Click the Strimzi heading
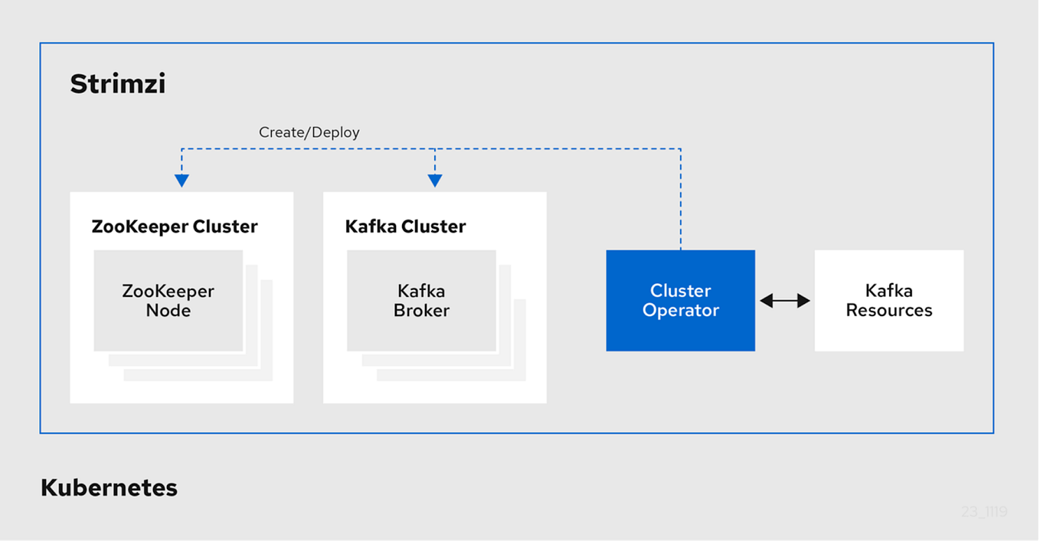click(x=117, y=83)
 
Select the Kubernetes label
click(x=109, y=487)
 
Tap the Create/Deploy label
click(x=309, y=132)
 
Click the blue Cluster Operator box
click(x=680, y=301)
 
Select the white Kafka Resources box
click(x=888, y=301)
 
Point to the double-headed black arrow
click(x=784, y=301)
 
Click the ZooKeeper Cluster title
click(x=175, y=227)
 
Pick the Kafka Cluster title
click(x=405, y=227)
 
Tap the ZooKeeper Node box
click(x=168, y=301)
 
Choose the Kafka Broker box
click(x=421, y=301)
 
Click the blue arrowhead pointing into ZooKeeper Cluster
click(x=182, y=181)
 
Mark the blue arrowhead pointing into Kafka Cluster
click(x=435, y=181)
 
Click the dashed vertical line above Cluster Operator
click(x=680, y=199)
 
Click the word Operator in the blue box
click(x=681, y=311)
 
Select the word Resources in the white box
click(x=889, y=311)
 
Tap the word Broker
click(x=421, y=311)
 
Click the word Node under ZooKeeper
click(x=168, y=311)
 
